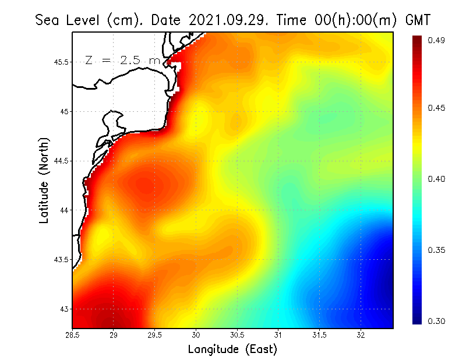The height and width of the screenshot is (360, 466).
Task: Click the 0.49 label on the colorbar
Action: click(436, 40)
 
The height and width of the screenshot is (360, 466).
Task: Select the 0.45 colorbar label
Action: click(436, 108)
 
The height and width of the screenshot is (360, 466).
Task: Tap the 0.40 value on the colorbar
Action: click(436, 179)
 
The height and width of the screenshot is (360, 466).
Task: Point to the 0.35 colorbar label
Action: click(436, 250)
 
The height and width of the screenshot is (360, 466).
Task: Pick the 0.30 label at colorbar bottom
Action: click(436, 321)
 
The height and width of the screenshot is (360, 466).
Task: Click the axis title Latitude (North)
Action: click(44, 180)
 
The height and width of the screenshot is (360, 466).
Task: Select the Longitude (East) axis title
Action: click(232, 350)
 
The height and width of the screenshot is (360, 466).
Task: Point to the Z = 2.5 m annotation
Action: click(122, 60)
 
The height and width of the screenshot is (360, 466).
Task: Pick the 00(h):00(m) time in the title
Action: click(353, 20)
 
